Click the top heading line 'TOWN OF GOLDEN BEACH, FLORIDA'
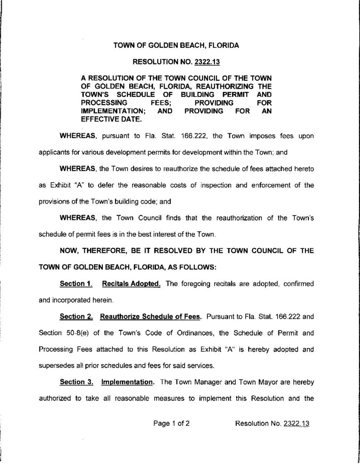176,45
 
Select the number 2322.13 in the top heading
204,61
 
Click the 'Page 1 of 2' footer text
171,424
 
